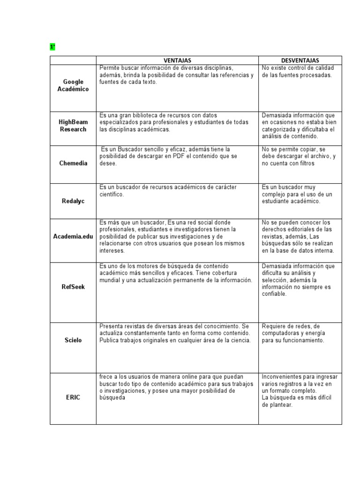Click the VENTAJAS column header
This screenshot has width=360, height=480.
point(177,60)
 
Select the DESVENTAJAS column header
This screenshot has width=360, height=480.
point(300,60)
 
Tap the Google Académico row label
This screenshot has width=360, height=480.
point(73,85)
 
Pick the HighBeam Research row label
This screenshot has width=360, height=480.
point(73,126)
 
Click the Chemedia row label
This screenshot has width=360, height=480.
point(73,163)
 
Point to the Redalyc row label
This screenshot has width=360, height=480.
point(73,201)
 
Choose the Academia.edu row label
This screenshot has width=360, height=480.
point(73,237)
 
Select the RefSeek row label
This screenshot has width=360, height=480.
point(73,287)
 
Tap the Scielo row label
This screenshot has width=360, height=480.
point(73,340)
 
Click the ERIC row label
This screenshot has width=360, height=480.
point(73,397)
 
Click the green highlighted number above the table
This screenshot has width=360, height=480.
point(52,47)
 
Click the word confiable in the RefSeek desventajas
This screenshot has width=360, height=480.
point(274,294)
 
